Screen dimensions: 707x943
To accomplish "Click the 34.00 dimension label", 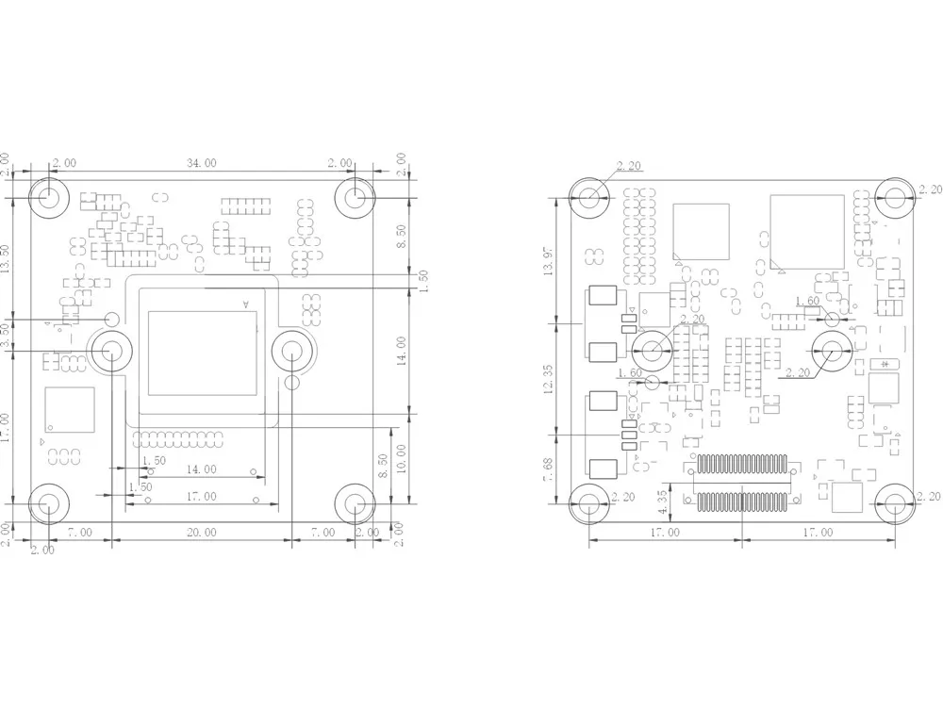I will coord(201,163).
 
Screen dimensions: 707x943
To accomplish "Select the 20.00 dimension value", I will coord(201,533).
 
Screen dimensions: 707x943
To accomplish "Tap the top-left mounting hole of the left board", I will coord(47,198).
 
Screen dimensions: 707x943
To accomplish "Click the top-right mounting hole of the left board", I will coord(355,198).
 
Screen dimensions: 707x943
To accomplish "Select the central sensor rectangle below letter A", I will coord(201,353).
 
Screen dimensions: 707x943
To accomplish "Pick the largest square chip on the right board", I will coord(806,231).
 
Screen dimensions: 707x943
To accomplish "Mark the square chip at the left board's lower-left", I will coord(69,410).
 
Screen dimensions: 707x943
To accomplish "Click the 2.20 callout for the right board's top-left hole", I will coord(628,167).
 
